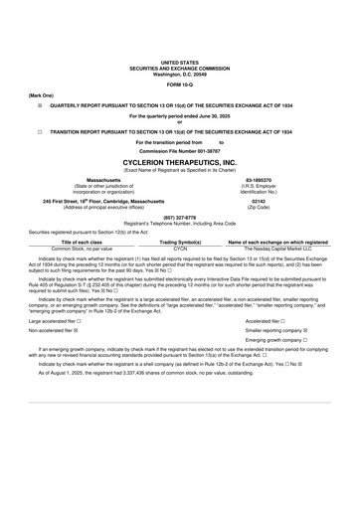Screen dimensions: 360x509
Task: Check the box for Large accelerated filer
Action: (x=79, y=321)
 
